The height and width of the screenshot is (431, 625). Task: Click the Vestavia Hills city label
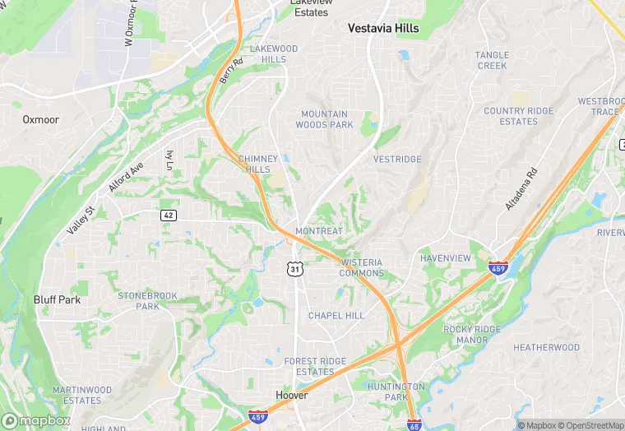click(x=383, y=28)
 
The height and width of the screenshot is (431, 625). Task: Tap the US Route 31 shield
click(x=294, y=269)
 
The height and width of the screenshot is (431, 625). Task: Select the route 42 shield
click(x=168, y=215)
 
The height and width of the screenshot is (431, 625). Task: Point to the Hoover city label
click(x=292, y=396)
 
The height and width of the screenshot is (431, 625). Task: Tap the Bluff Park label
click(x=57, y=300)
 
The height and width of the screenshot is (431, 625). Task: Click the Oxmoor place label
click(x=40, y=119)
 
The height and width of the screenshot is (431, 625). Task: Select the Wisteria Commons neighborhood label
click(x=361, y=268)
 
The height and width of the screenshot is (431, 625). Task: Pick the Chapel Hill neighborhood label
click(x=336, y=316)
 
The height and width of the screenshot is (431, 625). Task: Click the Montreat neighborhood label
click(x=319, y=231)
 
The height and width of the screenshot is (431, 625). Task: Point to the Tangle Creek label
click(x=492, y=60)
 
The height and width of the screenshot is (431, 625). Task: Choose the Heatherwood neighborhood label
click(x=546, y=348)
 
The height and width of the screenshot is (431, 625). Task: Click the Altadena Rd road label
click(x=521, y=189)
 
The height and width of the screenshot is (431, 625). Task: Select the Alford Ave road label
click(x=126, y=177)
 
